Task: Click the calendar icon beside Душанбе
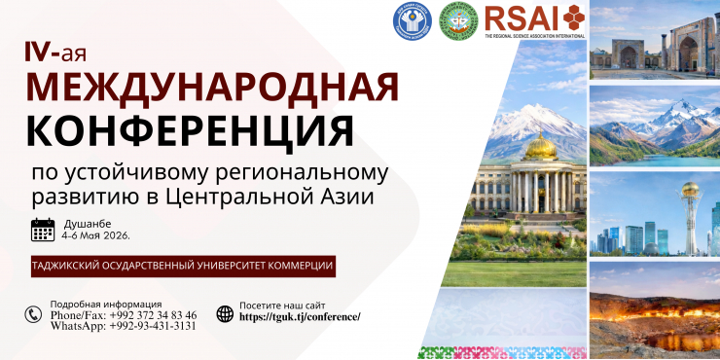pos(43,230)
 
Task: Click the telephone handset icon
pos(34,314)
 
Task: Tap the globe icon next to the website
pos(225,313)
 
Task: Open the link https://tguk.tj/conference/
pos(300,317)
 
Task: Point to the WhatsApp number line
pos(123,326)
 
